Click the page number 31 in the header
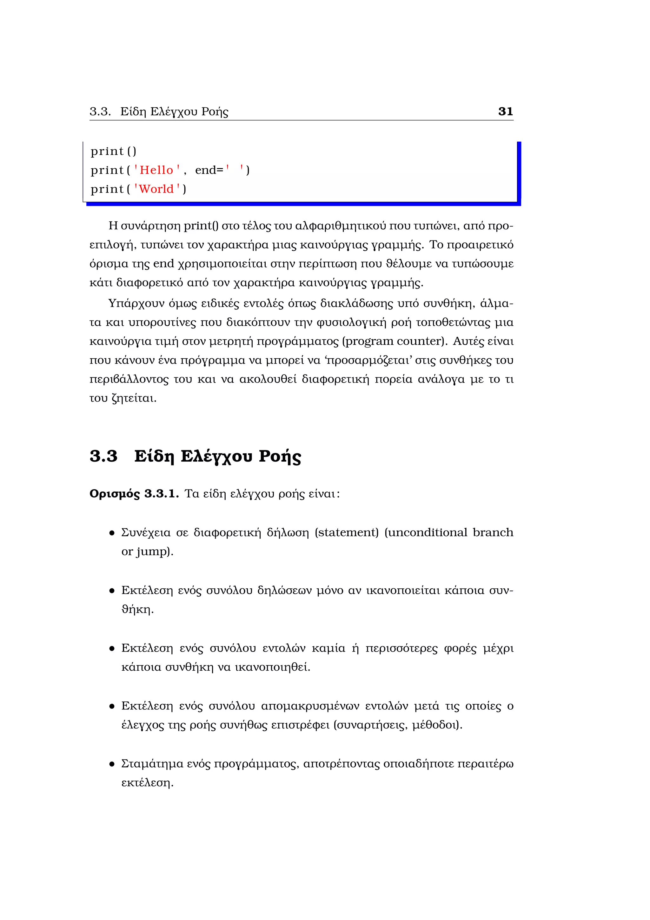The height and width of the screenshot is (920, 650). coord(505,112)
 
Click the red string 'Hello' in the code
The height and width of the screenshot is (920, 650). coord(156,170)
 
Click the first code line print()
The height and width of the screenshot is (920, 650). coord(113,152)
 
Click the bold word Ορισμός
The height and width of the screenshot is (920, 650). coord(115,494)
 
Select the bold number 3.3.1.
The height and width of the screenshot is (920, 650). coord(161,494)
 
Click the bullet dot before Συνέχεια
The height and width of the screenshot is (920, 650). coord(112,533)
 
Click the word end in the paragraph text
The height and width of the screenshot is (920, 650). coord(164,264)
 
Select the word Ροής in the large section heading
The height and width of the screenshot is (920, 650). coord(279,457)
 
